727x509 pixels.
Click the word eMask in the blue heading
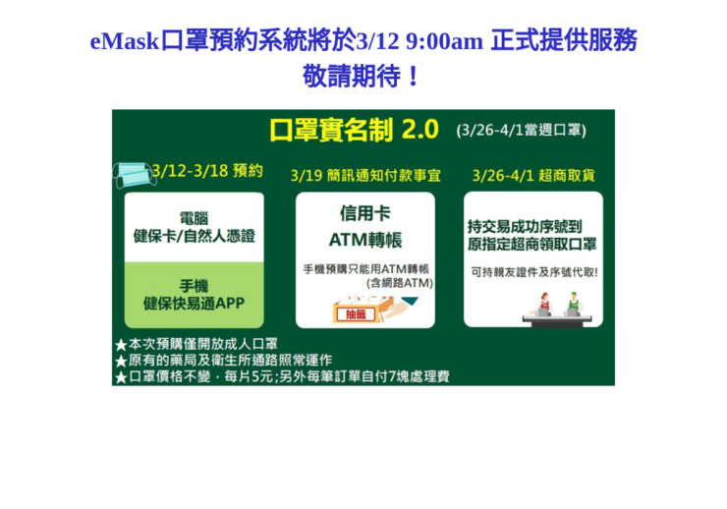(124, 41)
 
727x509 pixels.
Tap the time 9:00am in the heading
(444, 41)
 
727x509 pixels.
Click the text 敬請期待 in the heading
(352, 76)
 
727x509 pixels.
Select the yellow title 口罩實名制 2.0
(354, 130)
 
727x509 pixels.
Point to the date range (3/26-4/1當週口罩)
(521, 130)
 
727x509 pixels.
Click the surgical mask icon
(135, 175)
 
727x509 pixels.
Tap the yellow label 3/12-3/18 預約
(207, 171)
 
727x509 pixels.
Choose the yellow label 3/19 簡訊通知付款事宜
(365, 175)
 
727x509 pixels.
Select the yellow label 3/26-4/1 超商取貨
(533, 175)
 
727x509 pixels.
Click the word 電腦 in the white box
(194, 218)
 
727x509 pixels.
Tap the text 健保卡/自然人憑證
(195, 236)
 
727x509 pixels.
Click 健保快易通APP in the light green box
(194, 304)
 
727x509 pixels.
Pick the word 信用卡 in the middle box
(365, 213)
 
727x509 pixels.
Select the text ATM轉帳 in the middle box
(365, 240)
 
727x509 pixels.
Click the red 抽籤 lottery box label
(356, 314)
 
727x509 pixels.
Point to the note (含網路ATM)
(400, 283)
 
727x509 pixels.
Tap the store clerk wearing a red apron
(544, 305)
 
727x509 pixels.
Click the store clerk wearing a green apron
(574, 304)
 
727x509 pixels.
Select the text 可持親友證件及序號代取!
(534, 272)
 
